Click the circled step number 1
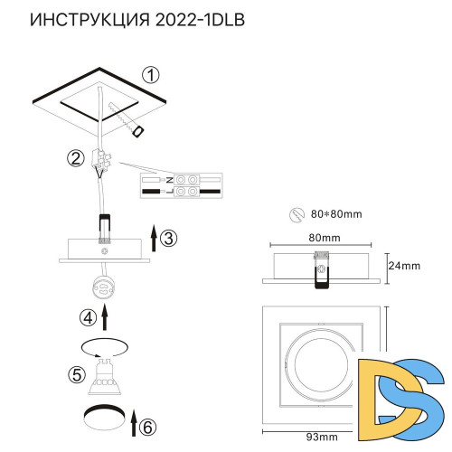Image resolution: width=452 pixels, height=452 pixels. click(x=152, y=74)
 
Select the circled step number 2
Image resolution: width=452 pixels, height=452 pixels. click(x=75, y=159)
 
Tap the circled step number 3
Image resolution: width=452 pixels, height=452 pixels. click(x=170, y=238)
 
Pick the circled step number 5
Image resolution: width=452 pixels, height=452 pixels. click(x=77, y=372)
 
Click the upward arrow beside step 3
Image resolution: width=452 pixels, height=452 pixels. click(x=153, y=239)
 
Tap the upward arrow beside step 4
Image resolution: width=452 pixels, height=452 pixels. click(x=106, y=316)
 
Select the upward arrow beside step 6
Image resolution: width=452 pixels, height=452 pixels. click(x=133, y=421)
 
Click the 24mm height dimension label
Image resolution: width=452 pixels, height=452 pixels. click(x=404, y=266)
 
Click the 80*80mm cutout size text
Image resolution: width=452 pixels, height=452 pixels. click(x=336, y=214)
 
